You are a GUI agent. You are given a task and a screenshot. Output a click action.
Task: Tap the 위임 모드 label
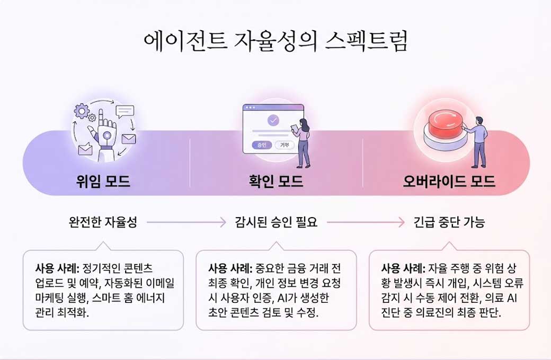coord(103,182)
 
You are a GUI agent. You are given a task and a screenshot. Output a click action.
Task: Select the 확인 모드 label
coord(275,182)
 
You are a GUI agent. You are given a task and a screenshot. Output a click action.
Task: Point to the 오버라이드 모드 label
coord(449,182)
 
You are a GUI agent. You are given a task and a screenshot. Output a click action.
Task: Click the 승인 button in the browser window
coord(261,145)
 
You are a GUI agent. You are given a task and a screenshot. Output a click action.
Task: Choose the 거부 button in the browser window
coord(284,145)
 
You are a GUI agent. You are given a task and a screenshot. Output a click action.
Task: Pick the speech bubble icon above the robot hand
coord(125,111)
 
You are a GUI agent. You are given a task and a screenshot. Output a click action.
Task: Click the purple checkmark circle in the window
coord(273,120)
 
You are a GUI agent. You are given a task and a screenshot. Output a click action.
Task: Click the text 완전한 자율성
coord(103,222)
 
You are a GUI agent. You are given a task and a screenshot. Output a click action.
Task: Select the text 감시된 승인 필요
coord(275,222)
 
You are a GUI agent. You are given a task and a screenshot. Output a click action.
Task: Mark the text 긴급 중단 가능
coord(449,222)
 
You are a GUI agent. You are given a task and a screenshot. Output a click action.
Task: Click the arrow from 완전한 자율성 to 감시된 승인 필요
coord(186,222)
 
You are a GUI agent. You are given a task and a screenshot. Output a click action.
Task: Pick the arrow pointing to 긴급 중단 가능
coord(366,222)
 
